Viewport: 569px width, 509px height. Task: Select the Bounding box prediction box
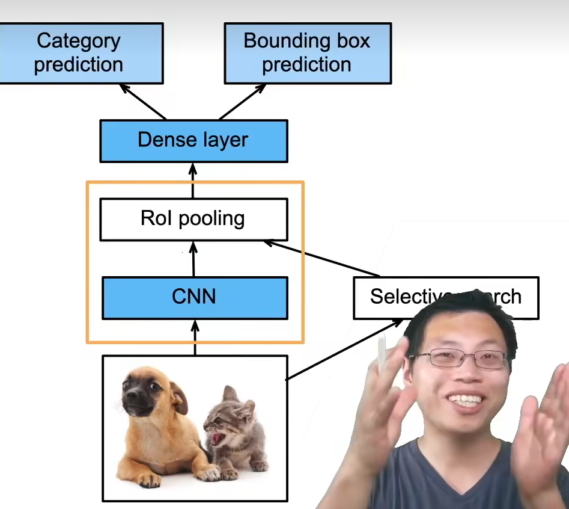[307, 53]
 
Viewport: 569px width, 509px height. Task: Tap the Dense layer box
[193, 140]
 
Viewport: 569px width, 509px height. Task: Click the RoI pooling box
[193, 218]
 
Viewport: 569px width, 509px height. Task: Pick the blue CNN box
[194, 297]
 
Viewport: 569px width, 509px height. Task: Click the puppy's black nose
[129, 397]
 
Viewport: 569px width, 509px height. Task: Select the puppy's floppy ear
[178, 397]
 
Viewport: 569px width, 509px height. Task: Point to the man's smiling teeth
[466, 400]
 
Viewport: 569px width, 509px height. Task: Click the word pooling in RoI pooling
[211, 219]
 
